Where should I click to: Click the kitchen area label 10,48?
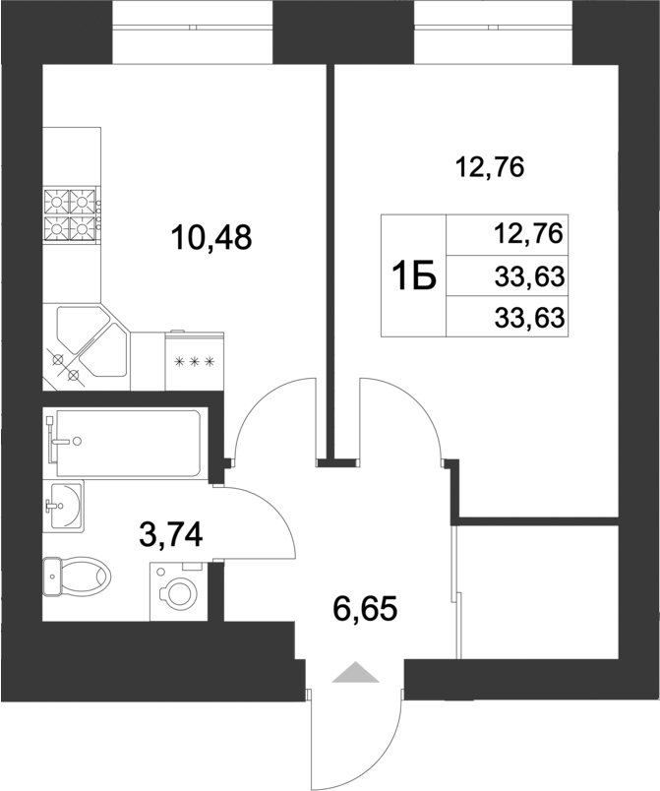tap(211, 236)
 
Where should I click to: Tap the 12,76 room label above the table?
tap(490, 167)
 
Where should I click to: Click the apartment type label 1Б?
tap(414, 277)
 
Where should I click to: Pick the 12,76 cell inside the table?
tap(528, 234)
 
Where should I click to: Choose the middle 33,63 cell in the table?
tap(528, 277)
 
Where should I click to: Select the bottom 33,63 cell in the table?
tap(528, 318)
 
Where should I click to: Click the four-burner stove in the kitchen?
tap(73, 215)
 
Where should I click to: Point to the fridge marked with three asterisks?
tap(194, 361)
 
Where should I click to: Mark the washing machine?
tap(181, 591)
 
